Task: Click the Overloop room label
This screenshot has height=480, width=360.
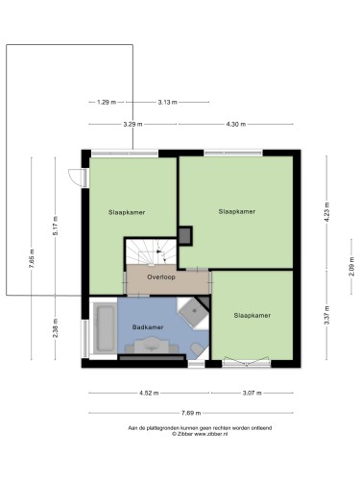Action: click(161, 277)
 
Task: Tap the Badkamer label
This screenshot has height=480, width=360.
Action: click(148, 327)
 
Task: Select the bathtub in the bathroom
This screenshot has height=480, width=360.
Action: click(105, 328)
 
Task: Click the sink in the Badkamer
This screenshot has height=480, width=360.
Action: click(152, 345)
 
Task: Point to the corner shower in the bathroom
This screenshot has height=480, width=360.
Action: click(194, 311)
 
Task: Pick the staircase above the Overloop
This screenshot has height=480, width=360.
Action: click(151, 252)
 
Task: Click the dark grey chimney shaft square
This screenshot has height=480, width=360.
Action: click(185, 236)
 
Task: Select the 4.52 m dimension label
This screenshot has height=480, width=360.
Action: click(149, 393)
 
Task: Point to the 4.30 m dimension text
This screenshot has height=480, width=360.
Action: click(236, 124)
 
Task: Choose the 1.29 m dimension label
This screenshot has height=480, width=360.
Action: click(107, 103)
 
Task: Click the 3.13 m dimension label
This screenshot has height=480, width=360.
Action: click(167, 103)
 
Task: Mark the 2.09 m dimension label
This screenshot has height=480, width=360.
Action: click(351, 266)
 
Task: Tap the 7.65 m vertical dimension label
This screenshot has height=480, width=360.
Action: click(32, 258)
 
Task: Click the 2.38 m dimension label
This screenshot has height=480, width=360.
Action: click(56, 327)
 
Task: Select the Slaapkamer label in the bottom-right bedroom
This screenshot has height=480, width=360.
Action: click(252, 316)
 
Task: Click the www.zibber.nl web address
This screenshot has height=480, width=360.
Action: click(211, 434)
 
